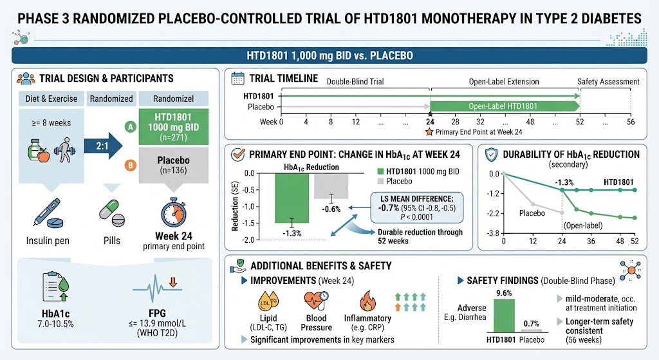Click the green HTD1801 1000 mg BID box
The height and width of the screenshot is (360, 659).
tap(174, 127)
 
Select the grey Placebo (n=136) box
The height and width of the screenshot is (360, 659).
tap(174, 165)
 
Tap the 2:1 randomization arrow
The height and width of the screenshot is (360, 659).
tap(104, 146)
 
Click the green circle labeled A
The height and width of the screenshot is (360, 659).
tap(130, 127)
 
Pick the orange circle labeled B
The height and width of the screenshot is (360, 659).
tap(130, 166)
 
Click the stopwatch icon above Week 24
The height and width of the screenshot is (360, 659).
tap(174, 212)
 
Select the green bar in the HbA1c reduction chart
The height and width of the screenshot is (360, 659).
tap(292, 198)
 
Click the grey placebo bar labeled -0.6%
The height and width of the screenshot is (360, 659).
tap(331, 186)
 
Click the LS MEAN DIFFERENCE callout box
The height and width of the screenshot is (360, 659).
tap(416, 208)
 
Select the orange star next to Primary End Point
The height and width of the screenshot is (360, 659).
tap(429, 132)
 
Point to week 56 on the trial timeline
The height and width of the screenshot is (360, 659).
tap(631, 122)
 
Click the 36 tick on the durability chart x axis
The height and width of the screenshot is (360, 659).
tap(591, 242)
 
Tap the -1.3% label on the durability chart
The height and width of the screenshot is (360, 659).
tap(564, 182)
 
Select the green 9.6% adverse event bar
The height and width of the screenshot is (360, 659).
tap(504, 316)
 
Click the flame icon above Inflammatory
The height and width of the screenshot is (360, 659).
tap(367, 301)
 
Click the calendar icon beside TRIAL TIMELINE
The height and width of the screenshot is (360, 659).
tap(238, 79)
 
